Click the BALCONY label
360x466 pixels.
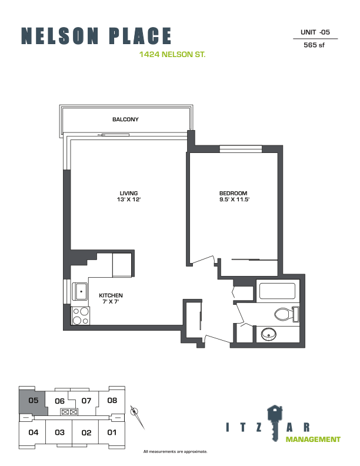[x=125, y=119]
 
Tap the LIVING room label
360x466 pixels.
[x=129, y=193]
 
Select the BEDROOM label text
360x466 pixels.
[x=233, y=193]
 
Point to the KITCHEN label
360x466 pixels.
[x=111, y=295]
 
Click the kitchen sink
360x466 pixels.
[x=80, y=291]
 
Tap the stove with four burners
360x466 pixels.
[x=81, y=315]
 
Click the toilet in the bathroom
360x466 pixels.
[x=286, y=314]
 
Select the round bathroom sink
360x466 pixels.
[x=269, y=334]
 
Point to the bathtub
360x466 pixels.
[x=278, y=291]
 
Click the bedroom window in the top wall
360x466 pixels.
[x=241, y=149]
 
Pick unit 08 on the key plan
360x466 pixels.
[x=112, y=400]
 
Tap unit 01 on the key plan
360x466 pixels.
[x=112, y=432]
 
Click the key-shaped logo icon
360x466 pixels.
[x=275, y=423]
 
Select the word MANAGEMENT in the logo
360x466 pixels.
[x=313, y=440]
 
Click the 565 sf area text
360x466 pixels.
[x=314, y=45]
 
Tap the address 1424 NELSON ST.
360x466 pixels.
[x=172, y=54]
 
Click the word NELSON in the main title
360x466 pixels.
[x=59, y=36]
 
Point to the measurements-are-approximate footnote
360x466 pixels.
[x=175, y=452]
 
